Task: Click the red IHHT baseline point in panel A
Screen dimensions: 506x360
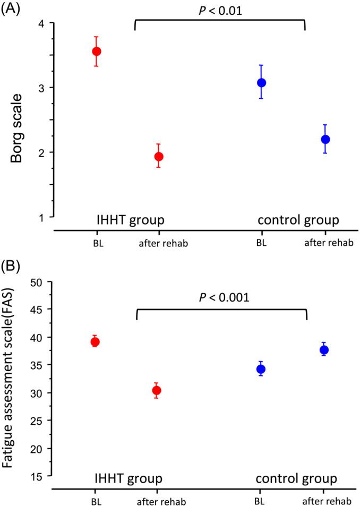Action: point(96,52)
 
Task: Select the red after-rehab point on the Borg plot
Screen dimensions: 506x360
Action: point(159,157)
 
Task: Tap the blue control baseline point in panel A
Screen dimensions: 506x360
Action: point(261,83)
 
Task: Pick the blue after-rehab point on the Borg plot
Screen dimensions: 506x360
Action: point(325,140)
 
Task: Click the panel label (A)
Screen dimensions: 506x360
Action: point(12,10)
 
